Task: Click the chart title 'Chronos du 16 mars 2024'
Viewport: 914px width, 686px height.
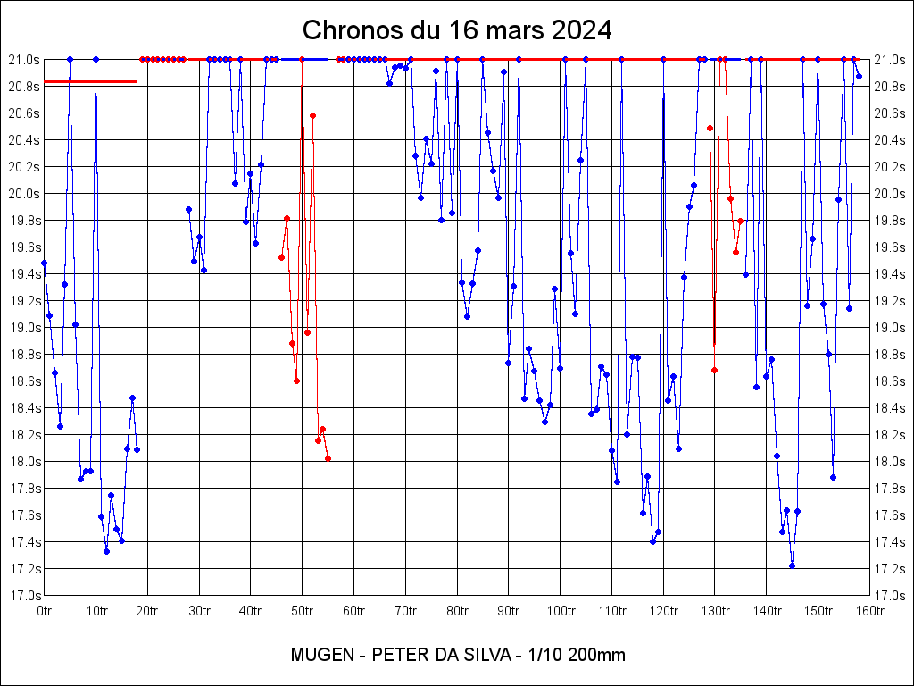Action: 457,29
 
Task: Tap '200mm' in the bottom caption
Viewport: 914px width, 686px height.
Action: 597,655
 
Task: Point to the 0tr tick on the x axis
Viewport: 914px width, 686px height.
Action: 45,611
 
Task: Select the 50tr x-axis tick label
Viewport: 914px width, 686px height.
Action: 303,611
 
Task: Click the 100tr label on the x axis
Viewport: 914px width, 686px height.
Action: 561,611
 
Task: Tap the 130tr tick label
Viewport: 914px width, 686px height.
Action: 715,611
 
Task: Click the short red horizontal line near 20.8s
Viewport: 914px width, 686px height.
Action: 90,81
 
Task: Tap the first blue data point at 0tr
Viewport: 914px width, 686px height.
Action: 44,263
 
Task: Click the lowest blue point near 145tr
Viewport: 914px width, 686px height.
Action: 792,565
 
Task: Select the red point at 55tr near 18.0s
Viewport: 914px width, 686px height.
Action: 328,458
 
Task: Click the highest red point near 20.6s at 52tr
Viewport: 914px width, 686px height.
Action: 312,115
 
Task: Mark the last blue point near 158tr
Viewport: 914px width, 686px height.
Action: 859,76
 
